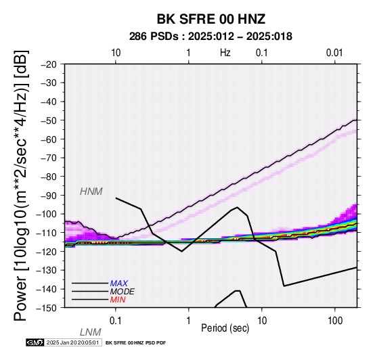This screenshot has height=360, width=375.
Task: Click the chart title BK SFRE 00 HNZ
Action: (x=211, y=19)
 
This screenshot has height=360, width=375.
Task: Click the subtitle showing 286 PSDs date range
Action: (x=211, y=37)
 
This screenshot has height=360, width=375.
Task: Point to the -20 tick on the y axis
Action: (x=49, y=64)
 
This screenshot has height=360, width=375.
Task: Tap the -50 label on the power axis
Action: (x=49, y=120)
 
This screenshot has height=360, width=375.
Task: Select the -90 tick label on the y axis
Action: (x=49, y=196)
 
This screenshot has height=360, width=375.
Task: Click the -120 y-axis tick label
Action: (x=46, y=252)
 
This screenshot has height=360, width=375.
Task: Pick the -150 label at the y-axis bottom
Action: (x=46, y=308)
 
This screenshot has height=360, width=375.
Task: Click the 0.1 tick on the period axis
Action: (x=116, y=321)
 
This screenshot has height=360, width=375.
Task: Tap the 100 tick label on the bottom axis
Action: (x=335, y=321)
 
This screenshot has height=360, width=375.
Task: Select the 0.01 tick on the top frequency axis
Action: (x=334, y=53)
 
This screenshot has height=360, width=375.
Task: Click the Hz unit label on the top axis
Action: (x=225, y=53)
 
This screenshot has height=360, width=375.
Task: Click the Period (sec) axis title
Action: (x=225, y=328)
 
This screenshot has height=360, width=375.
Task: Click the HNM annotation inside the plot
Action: (x=91, y=192)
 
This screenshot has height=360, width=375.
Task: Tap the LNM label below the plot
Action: (x=91, y=332)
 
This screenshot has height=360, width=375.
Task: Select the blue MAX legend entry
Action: (x=119, y=284)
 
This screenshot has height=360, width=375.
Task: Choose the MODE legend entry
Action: (x=123, y=292)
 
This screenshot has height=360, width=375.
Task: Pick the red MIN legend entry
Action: (x=118, y=300)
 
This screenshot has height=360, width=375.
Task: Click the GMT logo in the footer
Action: (x=35, y=342)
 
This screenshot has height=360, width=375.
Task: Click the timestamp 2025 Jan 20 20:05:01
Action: (x=72, y=342)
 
